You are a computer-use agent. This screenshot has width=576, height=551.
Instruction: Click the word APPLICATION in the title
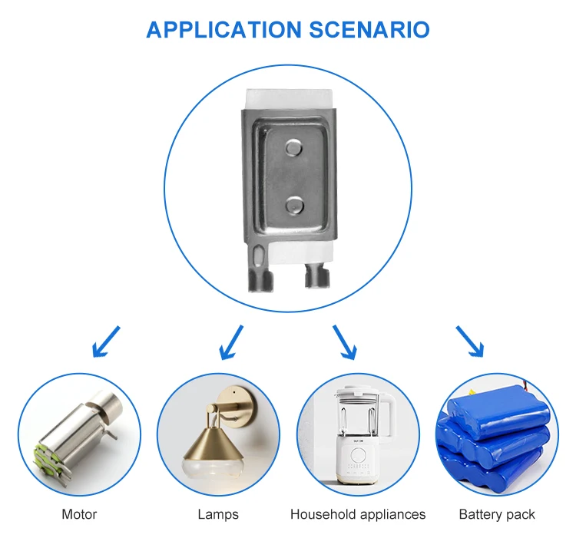click(223, 30)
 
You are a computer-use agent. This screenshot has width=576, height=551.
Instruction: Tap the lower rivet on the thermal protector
click(293, 203)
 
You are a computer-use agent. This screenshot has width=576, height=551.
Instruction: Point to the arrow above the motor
click(106, 341)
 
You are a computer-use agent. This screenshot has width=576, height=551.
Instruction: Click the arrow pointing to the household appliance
click(344, 341)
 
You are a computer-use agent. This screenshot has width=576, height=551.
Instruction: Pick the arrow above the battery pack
click(470, 341)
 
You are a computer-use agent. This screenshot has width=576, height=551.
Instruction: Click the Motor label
click(79, 514)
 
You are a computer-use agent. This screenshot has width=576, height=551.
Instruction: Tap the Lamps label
click(218, 514)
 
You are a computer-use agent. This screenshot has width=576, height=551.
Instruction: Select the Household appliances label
click(358, 514)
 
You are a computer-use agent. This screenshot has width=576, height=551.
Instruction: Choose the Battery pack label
click(497, 514)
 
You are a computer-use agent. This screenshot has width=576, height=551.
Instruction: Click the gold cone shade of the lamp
click(209, 444)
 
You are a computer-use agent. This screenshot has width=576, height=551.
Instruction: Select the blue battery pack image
click(495, 437)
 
